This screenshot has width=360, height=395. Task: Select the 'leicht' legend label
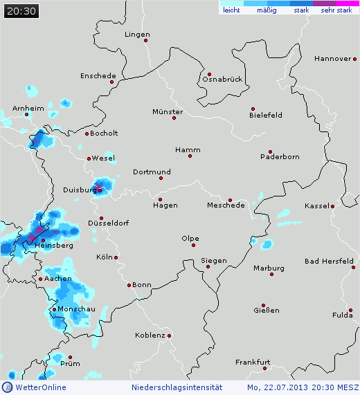(x=231, y=10)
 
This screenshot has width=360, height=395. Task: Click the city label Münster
(x=168, y=111)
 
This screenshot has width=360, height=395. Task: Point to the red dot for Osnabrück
(x=208, y=74)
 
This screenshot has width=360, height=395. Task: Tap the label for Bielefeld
(x=266, y=115)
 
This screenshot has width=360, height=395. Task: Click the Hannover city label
(x=332, y=59)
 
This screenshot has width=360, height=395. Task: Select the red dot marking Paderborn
(x=271, y=152)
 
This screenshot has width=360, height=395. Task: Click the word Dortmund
(x=152, y=172)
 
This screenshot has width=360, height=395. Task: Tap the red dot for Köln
(x=116, y=257)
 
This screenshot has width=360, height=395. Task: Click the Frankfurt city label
(x=252, y=362)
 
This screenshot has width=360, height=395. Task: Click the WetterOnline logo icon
(x=7, y=387)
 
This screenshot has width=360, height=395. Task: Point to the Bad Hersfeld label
(x=330, y=261)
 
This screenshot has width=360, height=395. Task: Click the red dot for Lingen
(x=146, y=40)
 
